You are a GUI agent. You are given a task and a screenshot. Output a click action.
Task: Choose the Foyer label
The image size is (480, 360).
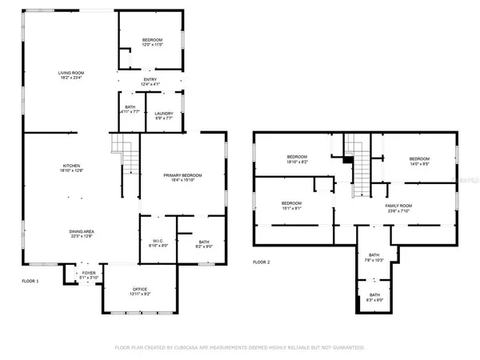point(89,275)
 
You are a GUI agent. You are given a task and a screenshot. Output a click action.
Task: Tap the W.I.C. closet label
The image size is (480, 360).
point(158,243)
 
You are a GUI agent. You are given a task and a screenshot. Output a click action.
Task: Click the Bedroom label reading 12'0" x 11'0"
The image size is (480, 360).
point(153,42)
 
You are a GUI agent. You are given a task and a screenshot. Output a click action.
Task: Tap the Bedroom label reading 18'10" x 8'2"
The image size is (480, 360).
point(297,158)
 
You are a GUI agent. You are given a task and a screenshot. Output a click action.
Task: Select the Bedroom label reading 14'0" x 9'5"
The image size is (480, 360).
point(419,161)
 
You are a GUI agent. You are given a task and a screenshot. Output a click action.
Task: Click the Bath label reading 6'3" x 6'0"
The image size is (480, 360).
point(374,297)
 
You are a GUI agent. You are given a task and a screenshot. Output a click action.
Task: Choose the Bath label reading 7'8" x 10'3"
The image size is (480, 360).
point(374,258)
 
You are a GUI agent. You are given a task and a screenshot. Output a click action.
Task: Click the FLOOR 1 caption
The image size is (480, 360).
point(30,281)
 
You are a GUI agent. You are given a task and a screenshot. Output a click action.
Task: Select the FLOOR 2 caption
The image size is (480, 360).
point(262,262)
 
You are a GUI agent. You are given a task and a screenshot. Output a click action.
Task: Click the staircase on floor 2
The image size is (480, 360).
point(360,165)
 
